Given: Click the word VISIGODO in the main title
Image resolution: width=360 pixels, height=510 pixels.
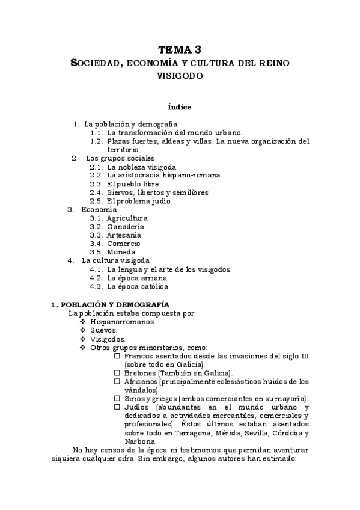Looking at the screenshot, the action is coord(180,76).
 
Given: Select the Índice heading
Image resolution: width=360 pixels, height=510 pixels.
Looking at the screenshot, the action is coord(180,107).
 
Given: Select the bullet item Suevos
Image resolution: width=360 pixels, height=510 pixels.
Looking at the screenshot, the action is coord(103,330).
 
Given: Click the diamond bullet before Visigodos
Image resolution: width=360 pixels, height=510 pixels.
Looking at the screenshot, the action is coord(82,339).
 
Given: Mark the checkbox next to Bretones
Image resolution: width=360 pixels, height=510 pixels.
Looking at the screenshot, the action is coord(117,373).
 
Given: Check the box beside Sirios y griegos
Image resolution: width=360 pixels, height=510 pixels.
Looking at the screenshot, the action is coord(117,399).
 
